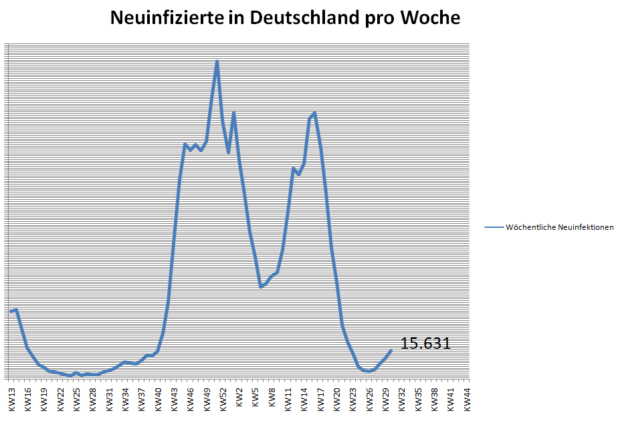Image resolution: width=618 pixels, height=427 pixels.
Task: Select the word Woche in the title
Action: (430, 18)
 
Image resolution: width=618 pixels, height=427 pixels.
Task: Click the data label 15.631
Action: (425, 343)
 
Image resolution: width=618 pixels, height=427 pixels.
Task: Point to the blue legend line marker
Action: (494, 227)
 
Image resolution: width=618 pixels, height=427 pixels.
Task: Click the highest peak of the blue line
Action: (217, 61)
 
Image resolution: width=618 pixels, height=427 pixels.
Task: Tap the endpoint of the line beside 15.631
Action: (391, 350)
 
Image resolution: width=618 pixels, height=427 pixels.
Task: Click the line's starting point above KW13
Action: (11, 311)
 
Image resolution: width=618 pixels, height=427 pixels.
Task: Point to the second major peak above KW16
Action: (314, 113)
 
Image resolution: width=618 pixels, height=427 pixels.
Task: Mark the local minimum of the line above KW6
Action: (261, 287)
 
